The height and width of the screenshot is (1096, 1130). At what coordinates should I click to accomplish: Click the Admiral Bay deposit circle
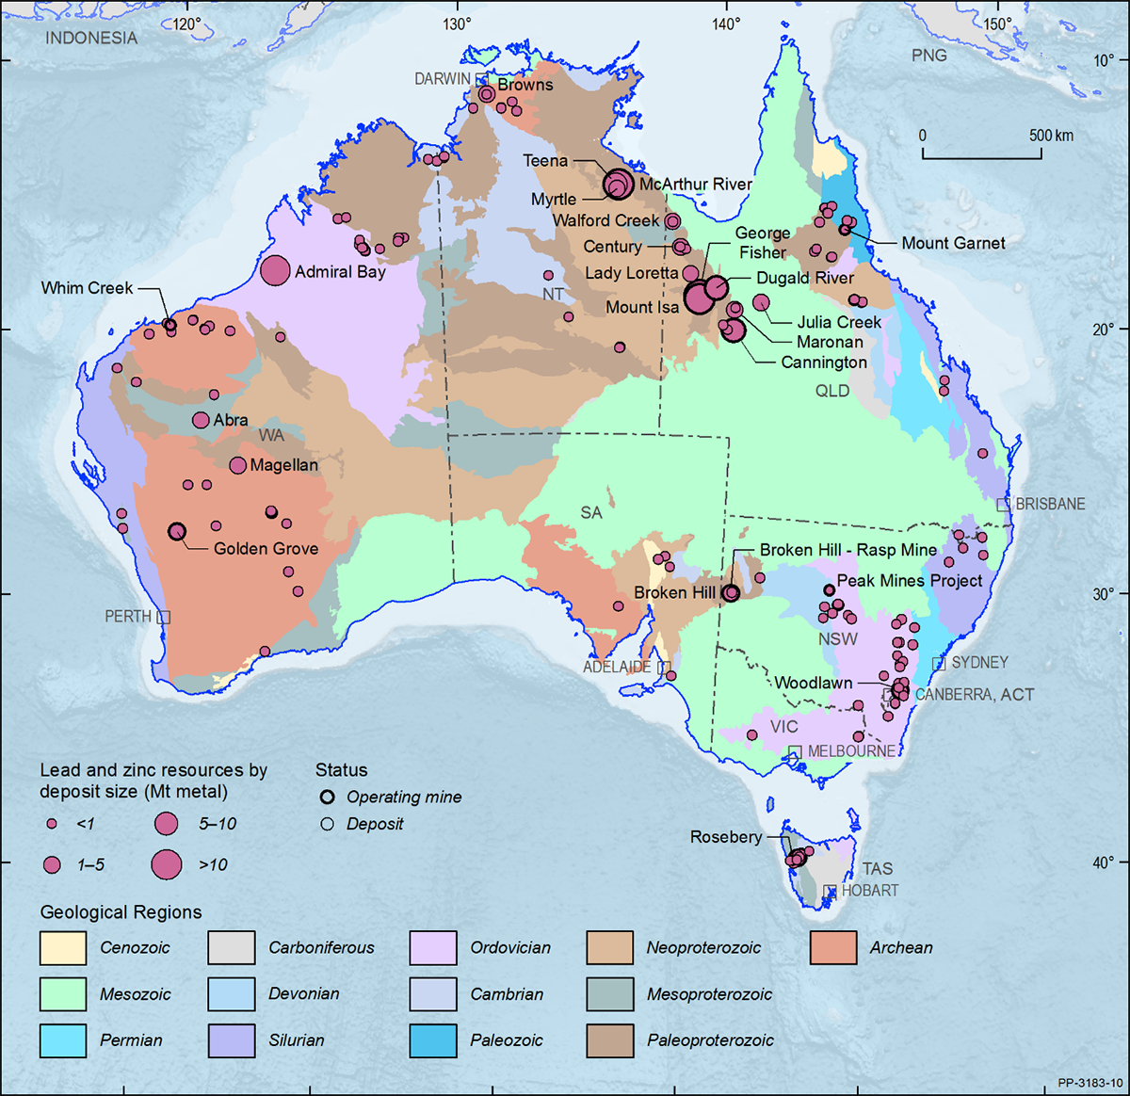(275, 271)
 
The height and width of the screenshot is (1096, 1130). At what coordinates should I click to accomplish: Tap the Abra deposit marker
(201, 420)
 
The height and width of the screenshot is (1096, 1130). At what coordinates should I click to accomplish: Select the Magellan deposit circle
(237, 465)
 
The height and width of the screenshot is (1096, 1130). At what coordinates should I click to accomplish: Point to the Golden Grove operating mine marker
(176, 532)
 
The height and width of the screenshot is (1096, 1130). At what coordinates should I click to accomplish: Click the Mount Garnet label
(953, 243)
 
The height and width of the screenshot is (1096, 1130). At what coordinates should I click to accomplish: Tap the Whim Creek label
(87, 288)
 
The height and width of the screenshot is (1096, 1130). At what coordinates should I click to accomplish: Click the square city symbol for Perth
(164, 617)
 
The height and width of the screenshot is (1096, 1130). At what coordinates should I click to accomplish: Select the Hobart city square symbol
(830, 891)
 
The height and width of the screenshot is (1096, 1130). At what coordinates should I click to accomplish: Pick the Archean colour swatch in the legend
(833, 948)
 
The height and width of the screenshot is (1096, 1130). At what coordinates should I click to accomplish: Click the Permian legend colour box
(63, 1040)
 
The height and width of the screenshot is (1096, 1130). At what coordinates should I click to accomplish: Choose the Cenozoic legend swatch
(63, 948)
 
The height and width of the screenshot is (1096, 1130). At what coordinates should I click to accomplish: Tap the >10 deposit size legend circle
(167, 864)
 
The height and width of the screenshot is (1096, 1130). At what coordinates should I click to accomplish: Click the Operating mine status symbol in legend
(328, 797)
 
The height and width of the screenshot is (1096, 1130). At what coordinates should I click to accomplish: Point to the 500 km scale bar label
(1051, 136)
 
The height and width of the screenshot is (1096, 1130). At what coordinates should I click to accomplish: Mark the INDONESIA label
(91, 39)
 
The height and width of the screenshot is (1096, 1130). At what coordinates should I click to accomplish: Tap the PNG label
(928, 56)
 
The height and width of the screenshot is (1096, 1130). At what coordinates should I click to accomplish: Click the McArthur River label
(695, 185)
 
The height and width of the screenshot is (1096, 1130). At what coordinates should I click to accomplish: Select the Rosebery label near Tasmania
(725, 837)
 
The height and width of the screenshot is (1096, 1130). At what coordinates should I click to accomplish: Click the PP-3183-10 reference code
(1090, 1084)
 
